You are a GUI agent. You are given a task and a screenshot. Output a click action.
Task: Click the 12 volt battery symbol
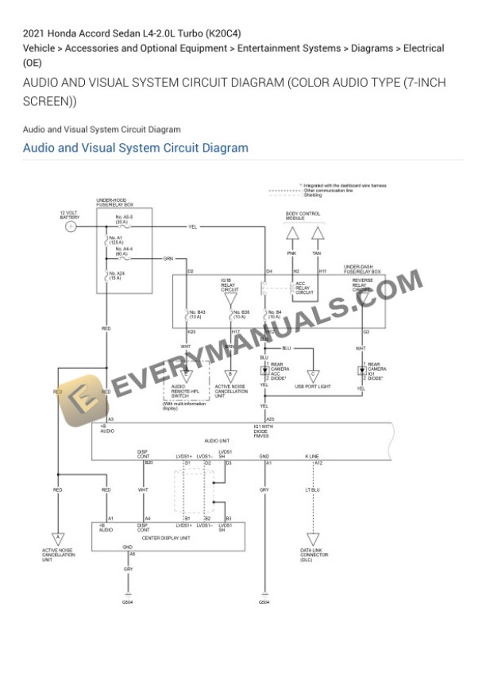point(71,226)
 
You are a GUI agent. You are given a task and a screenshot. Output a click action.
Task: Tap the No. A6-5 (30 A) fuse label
point(124,220)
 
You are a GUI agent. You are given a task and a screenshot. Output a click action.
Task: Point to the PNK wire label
point(291,253)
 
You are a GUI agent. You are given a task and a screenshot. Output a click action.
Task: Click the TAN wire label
point(317,253)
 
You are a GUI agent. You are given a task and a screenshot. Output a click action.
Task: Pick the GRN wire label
point(168,258)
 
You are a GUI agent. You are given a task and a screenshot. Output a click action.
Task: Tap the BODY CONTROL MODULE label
point(303,215)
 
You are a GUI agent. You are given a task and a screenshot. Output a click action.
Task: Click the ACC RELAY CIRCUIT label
point(304,288)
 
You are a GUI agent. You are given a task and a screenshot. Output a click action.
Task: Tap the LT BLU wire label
point(313,490)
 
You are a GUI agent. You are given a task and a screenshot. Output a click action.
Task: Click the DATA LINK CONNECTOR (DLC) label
point(311,555)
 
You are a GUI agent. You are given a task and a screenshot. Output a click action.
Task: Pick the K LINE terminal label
point(312,456)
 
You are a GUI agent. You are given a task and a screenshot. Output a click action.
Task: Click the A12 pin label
point(318,462)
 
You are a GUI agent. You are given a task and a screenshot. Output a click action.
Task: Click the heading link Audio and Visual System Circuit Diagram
point(135,148)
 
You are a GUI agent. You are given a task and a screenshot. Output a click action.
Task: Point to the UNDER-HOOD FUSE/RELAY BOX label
point(115,203)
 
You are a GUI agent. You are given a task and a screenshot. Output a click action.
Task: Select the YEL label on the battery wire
point(192,226)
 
